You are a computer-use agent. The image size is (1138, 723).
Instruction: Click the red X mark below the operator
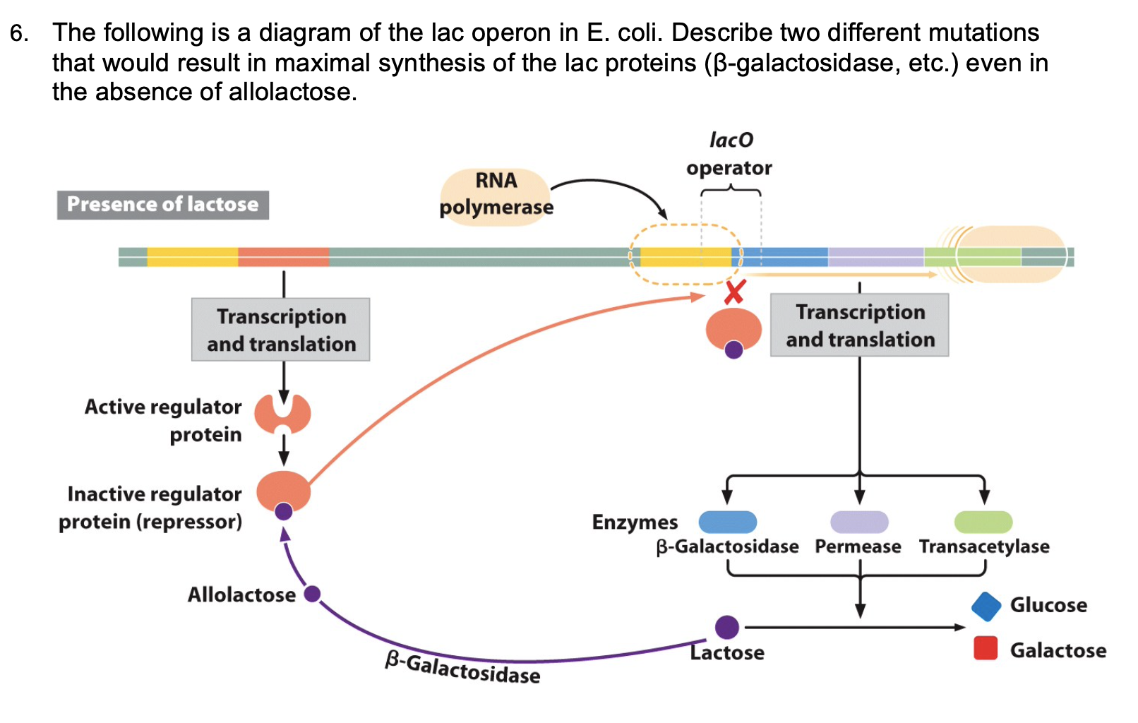[735, 292]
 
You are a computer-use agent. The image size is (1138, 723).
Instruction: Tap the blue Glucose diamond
[986, 607]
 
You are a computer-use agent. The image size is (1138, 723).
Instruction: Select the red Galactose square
[986, 648]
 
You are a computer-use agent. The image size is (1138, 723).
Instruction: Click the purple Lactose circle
[726, 627]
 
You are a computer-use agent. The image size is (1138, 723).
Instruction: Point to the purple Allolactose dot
[312, 594]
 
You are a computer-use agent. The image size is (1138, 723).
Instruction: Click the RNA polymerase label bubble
[496, 196]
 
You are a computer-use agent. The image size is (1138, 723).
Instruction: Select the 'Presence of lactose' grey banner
[163, 205]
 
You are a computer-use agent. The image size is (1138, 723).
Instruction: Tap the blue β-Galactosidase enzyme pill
[727, 522]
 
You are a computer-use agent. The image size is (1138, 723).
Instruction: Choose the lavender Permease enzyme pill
[859, 522]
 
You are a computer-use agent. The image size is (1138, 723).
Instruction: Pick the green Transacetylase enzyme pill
[983, 522]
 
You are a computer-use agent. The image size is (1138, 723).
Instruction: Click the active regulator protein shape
[282, 414]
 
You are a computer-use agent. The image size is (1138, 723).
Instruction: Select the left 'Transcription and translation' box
[281, 330]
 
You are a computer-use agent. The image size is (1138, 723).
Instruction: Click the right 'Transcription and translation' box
[859, 325]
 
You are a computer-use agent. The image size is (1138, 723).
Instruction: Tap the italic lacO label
[731, 141]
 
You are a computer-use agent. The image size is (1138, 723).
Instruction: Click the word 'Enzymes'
[635, 522]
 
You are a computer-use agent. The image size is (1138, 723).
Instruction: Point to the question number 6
[19, 33]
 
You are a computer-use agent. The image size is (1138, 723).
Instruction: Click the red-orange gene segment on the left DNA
[283, 257]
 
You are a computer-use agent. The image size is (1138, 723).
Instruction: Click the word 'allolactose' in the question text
[289, 92]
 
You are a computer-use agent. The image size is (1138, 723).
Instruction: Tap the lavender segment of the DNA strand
[875, 257]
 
